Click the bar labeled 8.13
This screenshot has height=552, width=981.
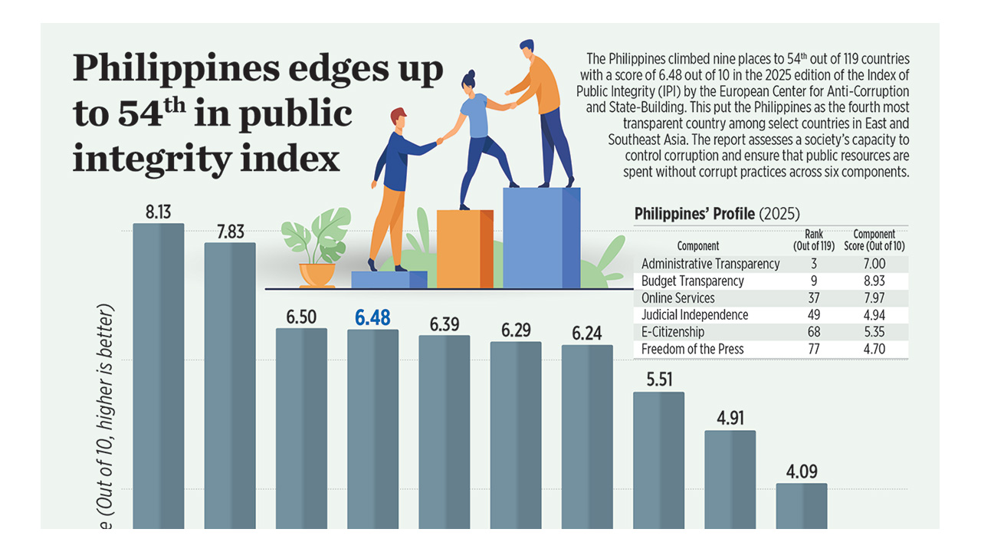[159, 376]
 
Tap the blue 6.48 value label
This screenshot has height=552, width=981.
[372, 317]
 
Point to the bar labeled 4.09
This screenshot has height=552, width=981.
[802, 505]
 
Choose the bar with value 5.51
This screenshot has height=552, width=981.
[658, 460]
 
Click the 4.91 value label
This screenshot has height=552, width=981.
[730, 419]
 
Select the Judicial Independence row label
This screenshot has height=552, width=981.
[694, 315]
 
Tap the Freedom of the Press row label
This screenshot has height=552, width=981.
[692, 349]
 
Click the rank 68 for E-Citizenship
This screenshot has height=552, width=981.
[813, 332]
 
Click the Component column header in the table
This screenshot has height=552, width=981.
[698, 246]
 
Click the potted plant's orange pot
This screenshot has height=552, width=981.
[317, 274]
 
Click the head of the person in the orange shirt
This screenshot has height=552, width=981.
[527, 48]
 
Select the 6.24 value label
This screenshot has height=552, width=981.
[587, 333]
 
